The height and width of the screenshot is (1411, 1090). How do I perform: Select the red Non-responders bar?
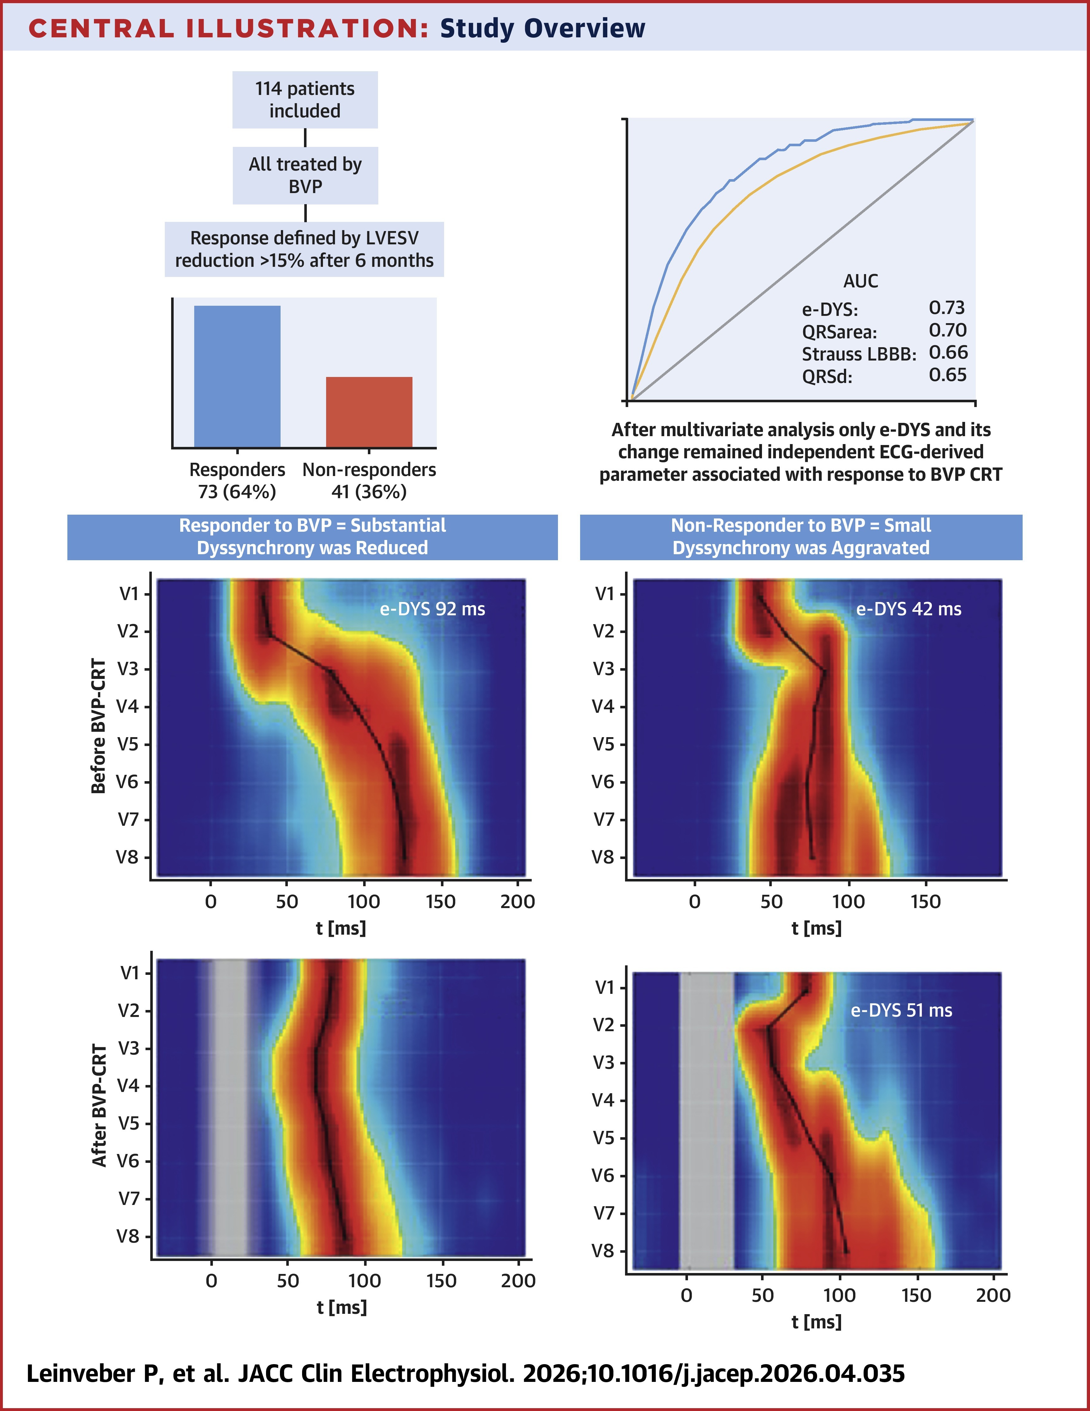coord(369,411)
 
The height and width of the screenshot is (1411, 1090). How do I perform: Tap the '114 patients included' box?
coord(305,99)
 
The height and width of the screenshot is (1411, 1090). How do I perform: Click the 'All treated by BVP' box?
coord(305,175)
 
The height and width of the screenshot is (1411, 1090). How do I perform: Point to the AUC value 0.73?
coord(947,308)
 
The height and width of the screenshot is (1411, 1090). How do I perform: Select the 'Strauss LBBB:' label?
coord(859,354)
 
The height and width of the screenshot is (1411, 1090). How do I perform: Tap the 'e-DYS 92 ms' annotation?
coord(432,609)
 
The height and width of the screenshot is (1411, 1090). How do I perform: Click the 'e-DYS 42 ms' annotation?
coord(908,609)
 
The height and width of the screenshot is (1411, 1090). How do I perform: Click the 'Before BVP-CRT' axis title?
coord(98,725)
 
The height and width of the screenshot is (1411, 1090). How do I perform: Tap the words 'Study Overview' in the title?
coord(542,28)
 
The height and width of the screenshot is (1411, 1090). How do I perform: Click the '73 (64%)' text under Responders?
coord(237,492)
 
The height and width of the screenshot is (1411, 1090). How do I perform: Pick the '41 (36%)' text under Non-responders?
coord(369,492)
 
